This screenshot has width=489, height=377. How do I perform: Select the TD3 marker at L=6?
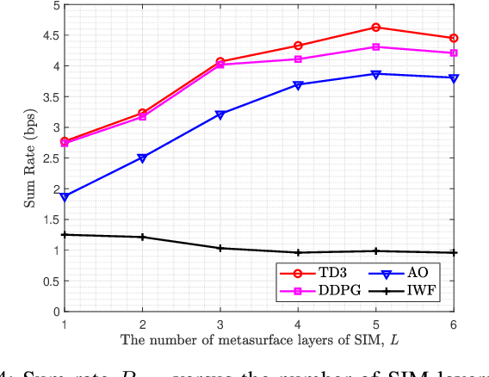tap(454, 38)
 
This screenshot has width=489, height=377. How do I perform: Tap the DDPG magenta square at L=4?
tap(298, 59)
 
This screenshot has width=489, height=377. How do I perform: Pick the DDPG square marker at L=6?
tap(454, 53)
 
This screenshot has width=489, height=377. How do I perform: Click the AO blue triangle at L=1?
tap(65, 197)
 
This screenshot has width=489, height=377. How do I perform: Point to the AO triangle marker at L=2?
tap(142, 158)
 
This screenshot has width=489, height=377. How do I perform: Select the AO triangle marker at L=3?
tap(220, 114)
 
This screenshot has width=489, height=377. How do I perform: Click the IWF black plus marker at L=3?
tap(220, 248)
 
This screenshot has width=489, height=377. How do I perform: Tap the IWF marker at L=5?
tap(376, 251)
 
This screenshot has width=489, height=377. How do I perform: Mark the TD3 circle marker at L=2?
tap(142, 113)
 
